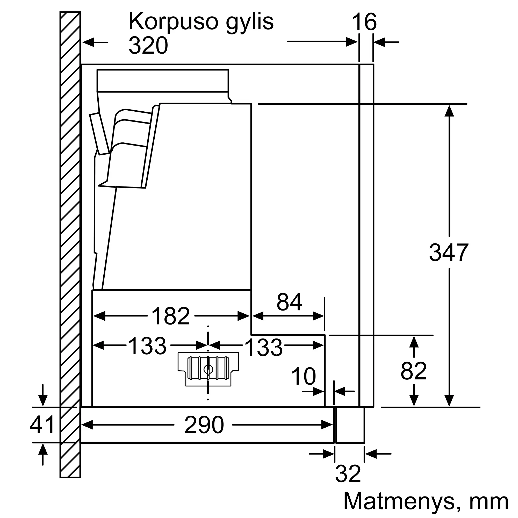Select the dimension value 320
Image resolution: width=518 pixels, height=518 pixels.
pyautogui.click(x=148, y=45)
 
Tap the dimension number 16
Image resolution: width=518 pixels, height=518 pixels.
pyautogui.click(x=364, y=22)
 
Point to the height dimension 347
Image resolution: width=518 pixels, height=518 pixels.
pyautogui.click(x=449, y=252)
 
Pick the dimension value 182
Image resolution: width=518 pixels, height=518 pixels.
pyautogui.click(x=171, y=316)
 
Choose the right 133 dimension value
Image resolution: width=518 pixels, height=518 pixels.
pyautogui.click(x=264, y=348)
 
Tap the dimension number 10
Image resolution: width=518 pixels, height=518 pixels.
pyautogui.click(x=304, y=376)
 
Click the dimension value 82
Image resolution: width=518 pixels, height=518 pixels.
pyautogui.click(x=414, y=371)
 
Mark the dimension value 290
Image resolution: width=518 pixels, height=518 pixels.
pyautogui.click(x=204, y=425)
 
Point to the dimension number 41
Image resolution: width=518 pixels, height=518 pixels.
pyautogui.click(x=42, y=425)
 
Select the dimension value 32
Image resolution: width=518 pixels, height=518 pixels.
pyautogui.click(x=348, y=474)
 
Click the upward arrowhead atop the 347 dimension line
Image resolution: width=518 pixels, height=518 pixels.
pyautogui.click(x=449, y=111)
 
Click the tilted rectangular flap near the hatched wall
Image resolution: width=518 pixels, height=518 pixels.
pyautogui.click(x=99, y=134)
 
